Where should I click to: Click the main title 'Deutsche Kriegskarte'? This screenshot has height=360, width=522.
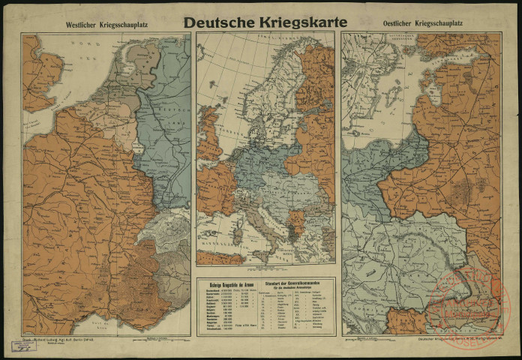(x=265, y=22)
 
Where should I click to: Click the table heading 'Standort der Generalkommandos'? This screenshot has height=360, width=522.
(x=289, y=283)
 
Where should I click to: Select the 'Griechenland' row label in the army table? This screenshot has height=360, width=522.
(x=211, y=327)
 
